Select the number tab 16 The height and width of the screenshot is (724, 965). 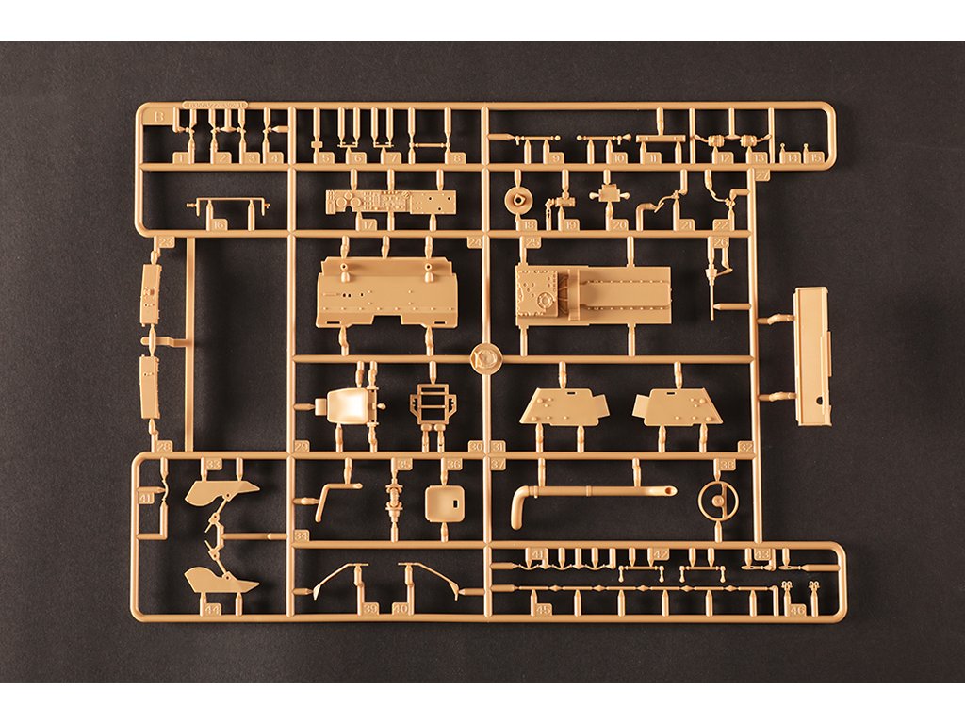pos(219,224)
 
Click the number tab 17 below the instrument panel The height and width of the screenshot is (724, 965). pos(368,224)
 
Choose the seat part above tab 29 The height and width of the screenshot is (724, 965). pos(346,406)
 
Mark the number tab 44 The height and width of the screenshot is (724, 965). pos(213,609)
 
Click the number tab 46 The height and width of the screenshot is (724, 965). pos(798,609)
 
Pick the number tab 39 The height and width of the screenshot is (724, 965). pos(371,609)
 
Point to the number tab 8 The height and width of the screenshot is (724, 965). pos(458,157)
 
